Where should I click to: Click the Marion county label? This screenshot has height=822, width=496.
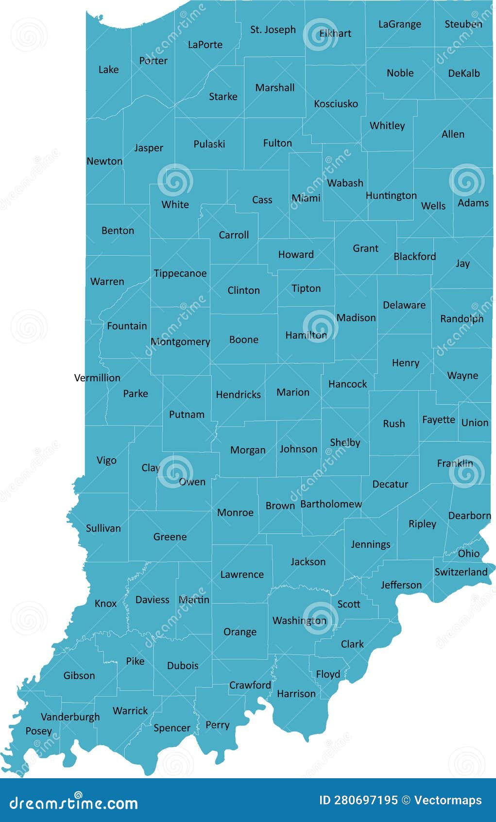click(x=293, y=392)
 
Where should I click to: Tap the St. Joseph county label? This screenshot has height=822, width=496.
click(x=273, y=30)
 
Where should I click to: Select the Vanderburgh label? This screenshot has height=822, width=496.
click(x=70, y=716)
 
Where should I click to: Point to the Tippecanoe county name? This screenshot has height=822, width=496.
click(x=180, y=273)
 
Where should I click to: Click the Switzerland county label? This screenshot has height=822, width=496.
click(x=461, y=572)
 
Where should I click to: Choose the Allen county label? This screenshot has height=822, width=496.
click(x=453, y=134)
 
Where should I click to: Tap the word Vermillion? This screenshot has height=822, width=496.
click(x=97, y=377)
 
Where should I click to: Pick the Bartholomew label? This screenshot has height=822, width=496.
click(x=331, y=504)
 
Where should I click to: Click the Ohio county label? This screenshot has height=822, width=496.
click(x=469, y=554)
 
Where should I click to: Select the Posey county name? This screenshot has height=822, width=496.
click(x=38, y=731)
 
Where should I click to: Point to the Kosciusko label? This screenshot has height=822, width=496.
click(x=336, y=104)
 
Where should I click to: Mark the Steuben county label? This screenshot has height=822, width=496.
click(x=463, y=24)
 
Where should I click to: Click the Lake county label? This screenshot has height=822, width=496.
click(x=108, y=70)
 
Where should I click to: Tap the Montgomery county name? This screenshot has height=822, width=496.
click(x=180, y=342)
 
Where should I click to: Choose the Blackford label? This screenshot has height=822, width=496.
click(x=414, y=256)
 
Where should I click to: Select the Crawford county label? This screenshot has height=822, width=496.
click(x=250, y=685)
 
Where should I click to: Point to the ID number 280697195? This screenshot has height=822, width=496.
click(x=366, y=800)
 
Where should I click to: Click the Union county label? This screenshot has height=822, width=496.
click(x=475, y=423)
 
